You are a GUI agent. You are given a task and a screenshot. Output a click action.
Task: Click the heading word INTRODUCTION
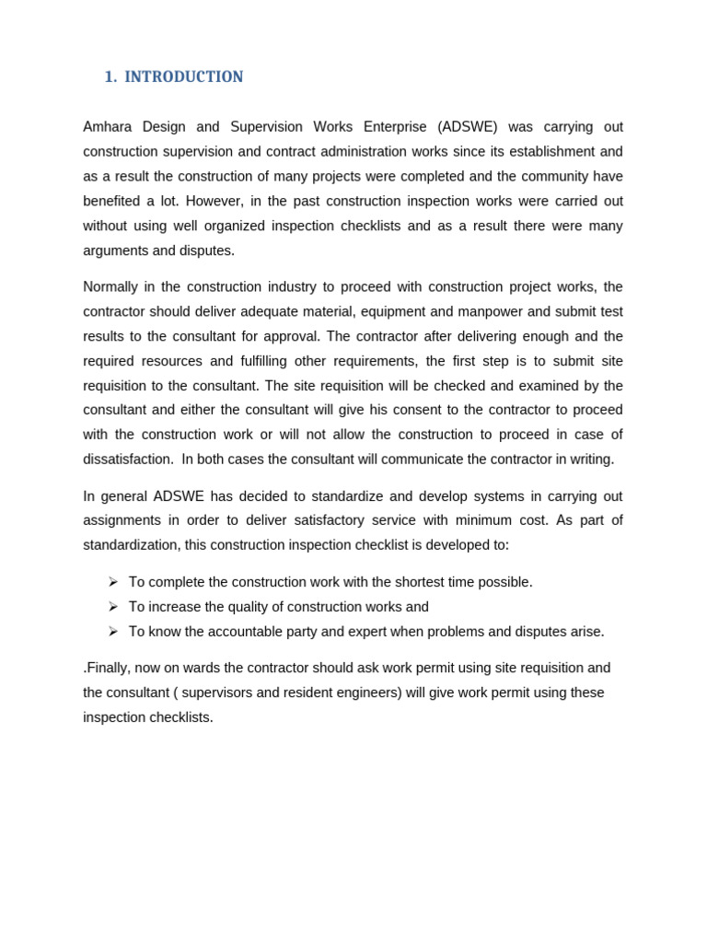coord(184,77)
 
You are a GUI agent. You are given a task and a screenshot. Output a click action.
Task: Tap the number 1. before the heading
coord(110,77)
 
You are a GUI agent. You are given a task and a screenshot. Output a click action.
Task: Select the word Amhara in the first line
coord(109,127)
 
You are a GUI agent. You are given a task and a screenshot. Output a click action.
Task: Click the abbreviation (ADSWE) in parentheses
coord(468,127)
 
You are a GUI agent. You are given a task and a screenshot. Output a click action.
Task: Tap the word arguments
coord(116,250)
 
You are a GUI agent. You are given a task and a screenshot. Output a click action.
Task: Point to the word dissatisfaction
coord(128,460)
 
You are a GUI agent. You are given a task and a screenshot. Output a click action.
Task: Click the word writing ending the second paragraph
coord(591,460)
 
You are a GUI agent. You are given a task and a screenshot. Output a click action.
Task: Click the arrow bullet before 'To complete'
coord(112,582)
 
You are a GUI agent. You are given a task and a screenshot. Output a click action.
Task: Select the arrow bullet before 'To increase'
coord(112,607)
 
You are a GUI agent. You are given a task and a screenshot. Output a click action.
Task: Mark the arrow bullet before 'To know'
coord(112,632)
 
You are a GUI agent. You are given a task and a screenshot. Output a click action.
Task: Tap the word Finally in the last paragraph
coord(108,668)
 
